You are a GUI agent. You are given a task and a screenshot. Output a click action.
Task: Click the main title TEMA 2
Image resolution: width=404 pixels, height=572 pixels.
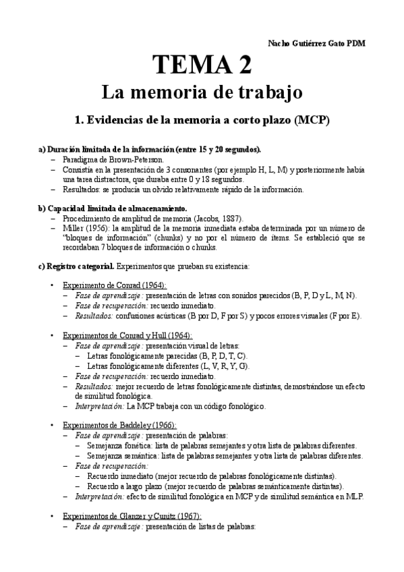[202, 65]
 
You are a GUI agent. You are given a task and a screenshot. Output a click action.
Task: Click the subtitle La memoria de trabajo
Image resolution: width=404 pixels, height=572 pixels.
[202, 91]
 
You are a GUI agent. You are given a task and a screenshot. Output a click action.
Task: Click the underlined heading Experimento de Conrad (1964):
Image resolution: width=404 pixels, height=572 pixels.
[115, 285]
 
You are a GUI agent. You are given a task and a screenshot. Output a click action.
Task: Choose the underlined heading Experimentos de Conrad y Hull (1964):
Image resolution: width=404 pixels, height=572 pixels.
[127, 335]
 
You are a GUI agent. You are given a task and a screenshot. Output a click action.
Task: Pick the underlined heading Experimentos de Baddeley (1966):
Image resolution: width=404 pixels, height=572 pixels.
[119, 425]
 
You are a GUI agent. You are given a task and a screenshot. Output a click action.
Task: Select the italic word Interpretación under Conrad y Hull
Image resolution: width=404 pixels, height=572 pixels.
[99, 406]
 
